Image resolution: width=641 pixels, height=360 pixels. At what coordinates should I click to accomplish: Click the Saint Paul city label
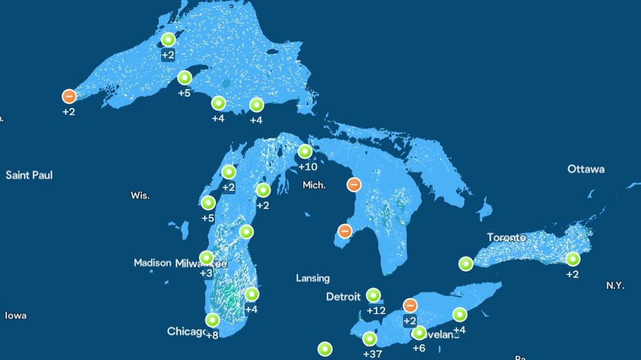point(29,175)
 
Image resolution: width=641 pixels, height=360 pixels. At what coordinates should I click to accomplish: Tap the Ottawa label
point(586,169)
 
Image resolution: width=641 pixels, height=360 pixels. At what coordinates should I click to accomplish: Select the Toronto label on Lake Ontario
point(506,238)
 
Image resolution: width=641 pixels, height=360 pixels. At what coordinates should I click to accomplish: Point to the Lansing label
point(313,278)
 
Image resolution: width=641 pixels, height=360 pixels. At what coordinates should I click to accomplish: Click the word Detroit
point(343,297)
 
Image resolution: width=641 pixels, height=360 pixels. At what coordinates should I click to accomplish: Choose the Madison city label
point(152,263)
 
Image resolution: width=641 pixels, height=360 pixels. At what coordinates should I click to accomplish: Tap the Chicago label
point(187,331)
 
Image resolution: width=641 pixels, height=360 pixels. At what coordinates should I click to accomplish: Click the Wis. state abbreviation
point(140,196)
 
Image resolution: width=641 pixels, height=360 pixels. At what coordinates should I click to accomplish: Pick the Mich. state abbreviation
point(314,185)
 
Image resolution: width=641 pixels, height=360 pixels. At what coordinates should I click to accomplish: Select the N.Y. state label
point(615,285)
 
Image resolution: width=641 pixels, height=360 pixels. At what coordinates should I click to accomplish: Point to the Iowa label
point(16,316)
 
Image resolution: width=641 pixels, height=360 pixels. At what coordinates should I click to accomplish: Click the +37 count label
point(372,354)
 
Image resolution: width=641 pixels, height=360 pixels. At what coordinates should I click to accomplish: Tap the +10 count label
point(307,167)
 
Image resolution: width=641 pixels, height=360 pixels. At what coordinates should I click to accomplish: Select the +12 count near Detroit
point(376,311)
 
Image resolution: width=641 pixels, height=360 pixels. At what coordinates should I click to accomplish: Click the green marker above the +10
point(305,152)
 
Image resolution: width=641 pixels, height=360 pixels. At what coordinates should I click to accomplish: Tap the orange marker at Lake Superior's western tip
point(69,96)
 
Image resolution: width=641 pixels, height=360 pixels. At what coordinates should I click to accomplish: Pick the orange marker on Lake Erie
point(410,305)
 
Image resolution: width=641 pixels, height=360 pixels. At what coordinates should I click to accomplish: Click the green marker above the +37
point(369,339)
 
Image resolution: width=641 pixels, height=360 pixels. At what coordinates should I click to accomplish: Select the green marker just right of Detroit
point(373,296)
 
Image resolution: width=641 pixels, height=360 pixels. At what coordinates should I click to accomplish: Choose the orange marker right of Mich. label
point(354,185)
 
